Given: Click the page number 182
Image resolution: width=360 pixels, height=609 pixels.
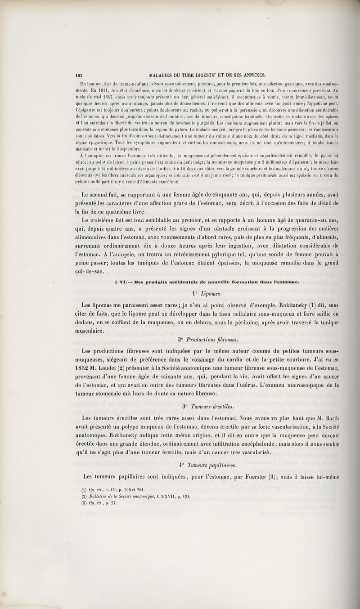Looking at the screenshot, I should coord(80,75).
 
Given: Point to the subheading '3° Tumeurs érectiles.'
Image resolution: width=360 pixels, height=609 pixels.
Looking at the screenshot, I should coord(208,407).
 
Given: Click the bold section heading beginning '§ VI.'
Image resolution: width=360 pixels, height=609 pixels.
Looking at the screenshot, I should coord(207,281).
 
